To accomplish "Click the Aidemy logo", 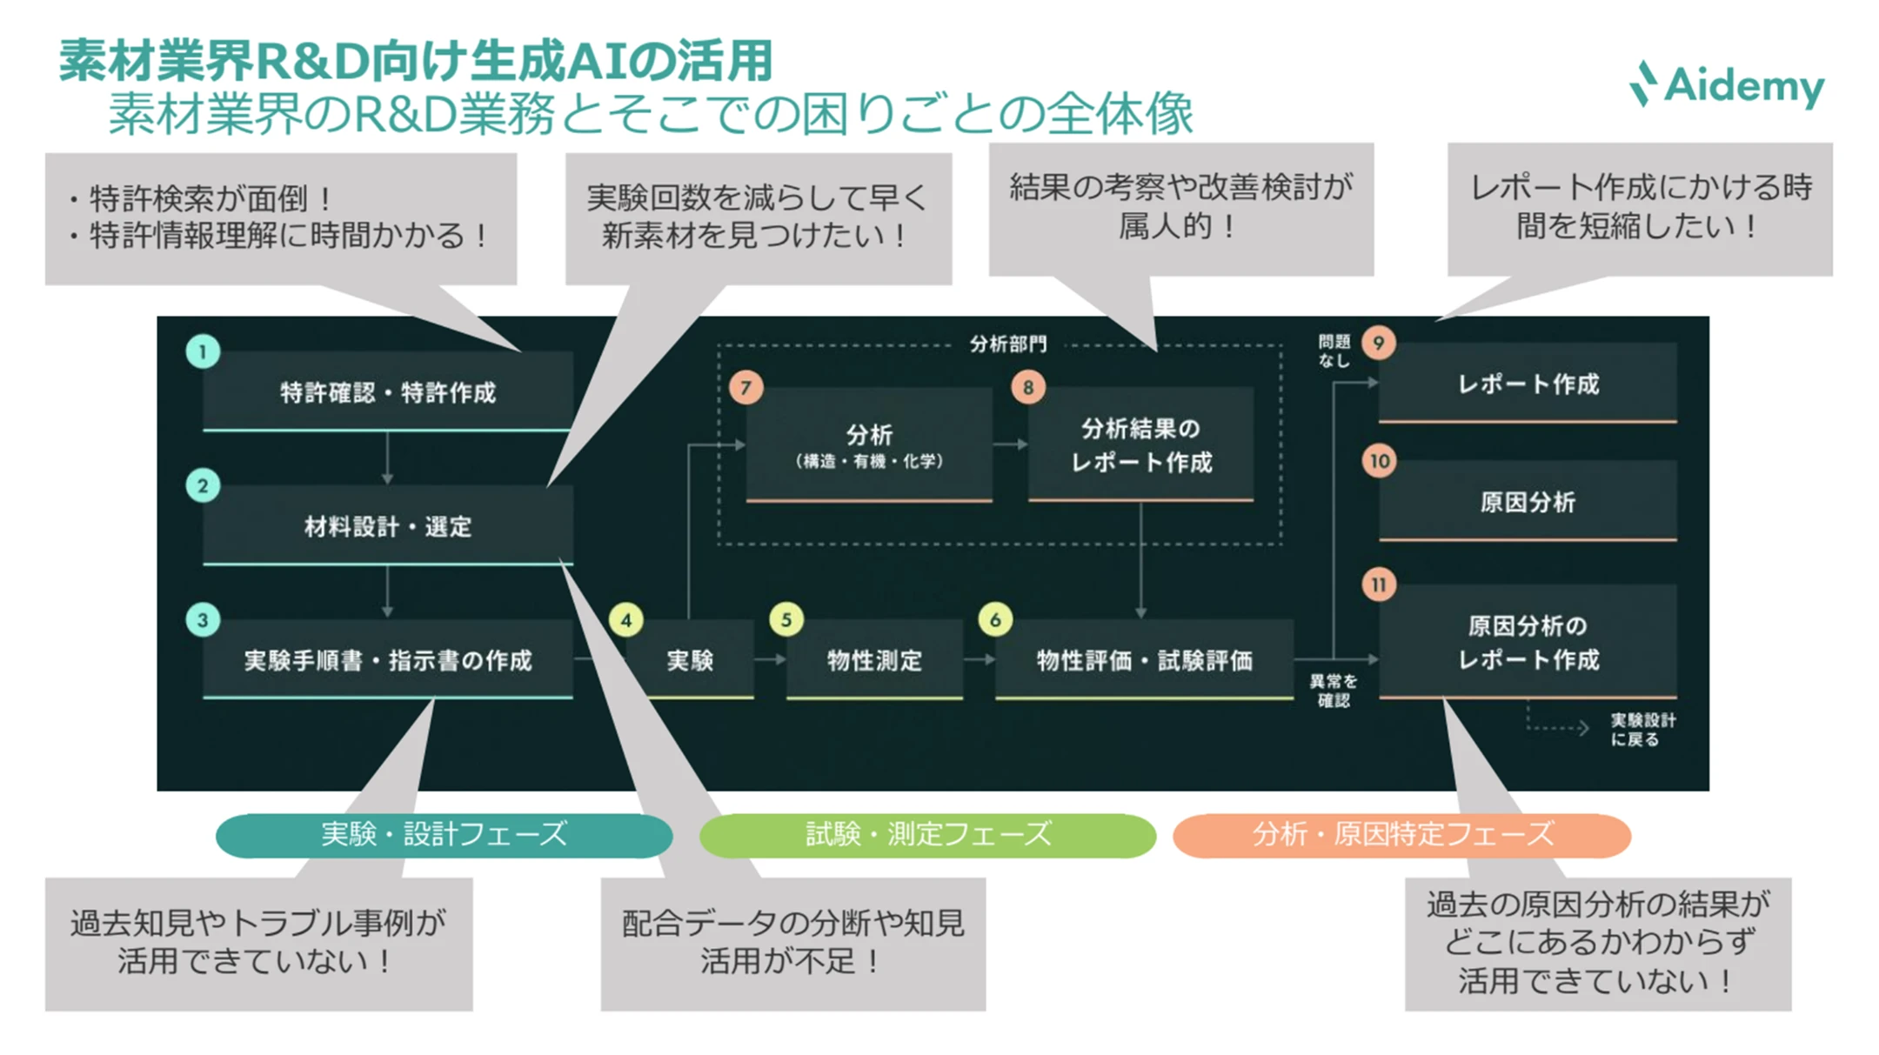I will (x=1726, y=85).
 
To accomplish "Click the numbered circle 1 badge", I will (x=203, y=351).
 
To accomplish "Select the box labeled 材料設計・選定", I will (x=387, y=525).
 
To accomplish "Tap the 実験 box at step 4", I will (x=690, y=659).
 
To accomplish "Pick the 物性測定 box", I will (x=873, y=659).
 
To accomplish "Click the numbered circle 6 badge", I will (x=995, y=619).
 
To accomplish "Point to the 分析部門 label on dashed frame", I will (x=1007, y=344).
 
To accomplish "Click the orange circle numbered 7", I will (x=746, y=387).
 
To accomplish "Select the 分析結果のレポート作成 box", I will (x=1140, y=444).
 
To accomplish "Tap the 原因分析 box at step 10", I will (x=1527, y=502).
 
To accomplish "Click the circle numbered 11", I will (x=1379, y=584).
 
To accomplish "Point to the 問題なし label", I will (x=1333, y=351).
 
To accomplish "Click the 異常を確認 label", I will (x=1333, y=690).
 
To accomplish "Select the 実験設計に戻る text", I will (x=1641, y=729).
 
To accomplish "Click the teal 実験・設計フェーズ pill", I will (x=444, y=835).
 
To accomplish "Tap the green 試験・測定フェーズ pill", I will (x=927, y=835).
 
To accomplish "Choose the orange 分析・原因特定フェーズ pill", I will (x=1401, y=835).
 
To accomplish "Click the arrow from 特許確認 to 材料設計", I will (x=387, y=457).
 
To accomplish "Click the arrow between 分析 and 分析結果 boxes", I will (x=1010, y=444).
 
